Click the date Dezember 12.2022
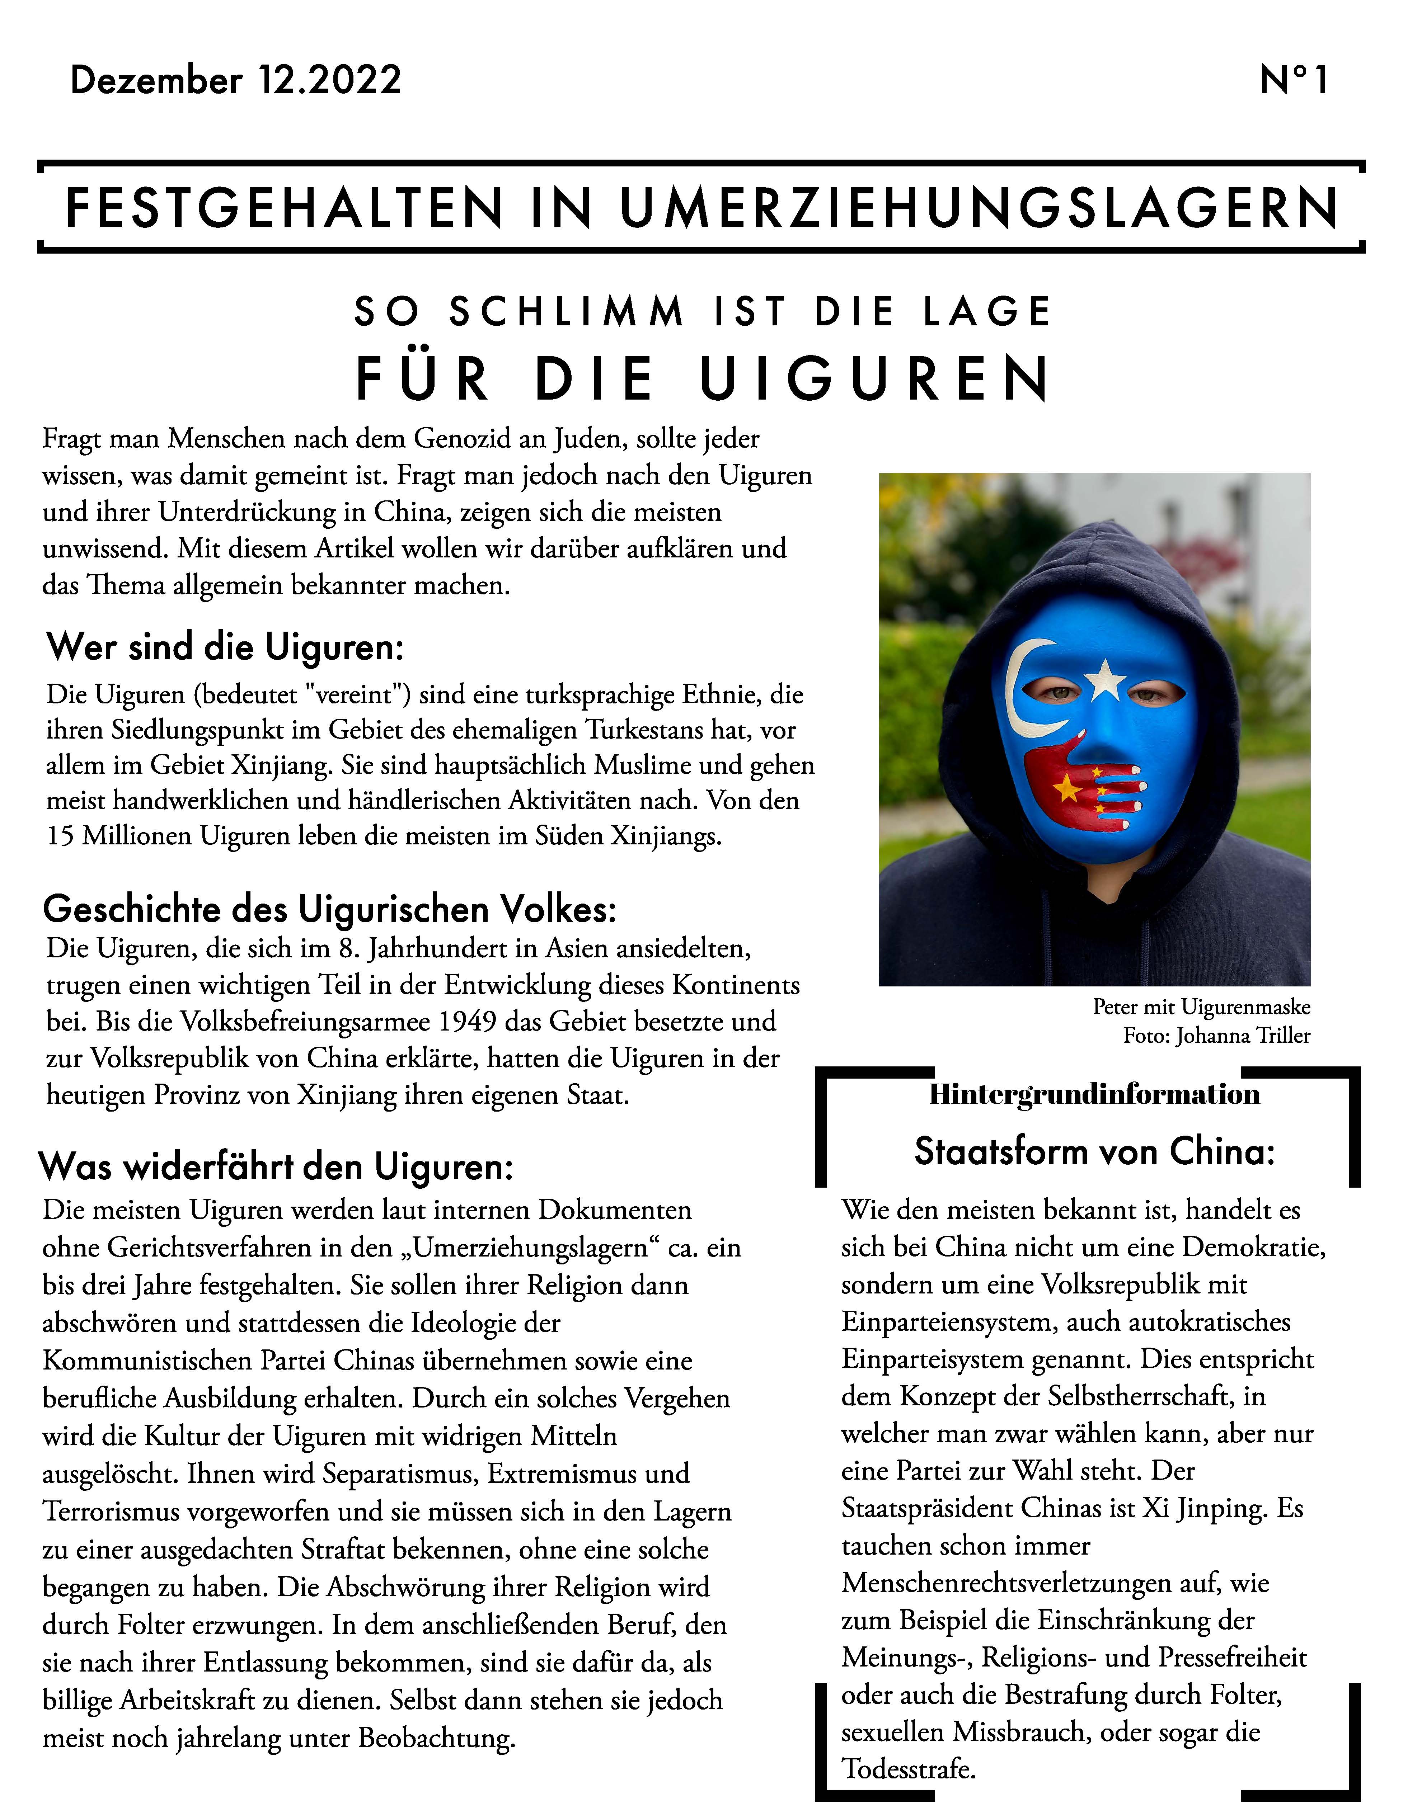[236, 81]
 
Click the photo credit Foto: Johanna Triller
[1217, 1036]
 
